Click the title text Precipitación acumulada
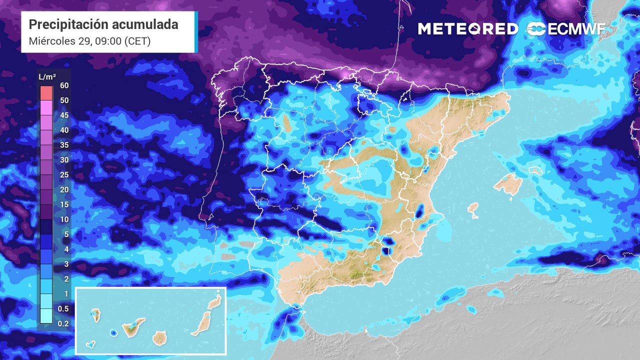click(103, 24)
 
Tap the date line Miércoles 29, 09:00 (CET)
click(90, 41)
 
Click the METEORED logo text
click(467, 29)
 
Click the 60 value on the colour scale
click(64, 85)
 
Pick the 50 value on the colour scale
click(64, 100)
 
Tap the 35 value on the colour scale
click(64, 145)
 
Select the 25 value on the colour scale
click(64, 174)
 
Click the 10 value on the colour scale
click(64, 219)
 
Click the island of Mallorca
click(508, 184)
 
